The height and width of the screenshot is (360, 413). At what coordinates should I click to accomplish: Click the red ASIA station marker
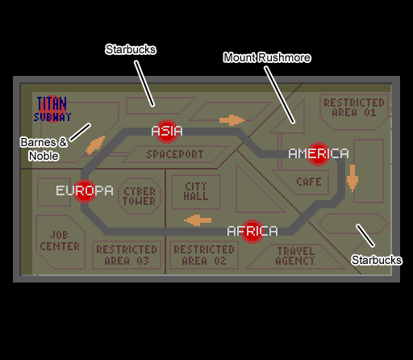click(167, 131)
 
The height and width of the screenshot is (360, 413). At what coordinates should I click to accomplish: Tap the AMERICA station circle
click(319, 154)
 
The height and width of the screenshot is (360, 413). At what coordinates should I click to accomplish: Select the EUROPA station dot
click(85, 190)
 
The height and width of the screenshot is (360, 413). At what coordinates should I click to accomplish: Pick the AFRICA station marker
click(252, 232)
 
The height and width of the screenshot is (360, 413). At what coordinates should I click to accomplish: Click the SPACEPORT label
click(175, 154)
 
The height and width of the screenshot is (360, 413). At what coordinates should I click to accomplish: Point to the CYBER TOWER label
click(140, 196)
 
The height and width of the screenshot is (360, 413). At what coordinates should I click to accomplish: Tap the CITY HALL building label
click(196, 191)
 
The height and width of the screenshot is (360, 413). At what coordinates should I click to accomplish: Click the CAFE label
click(309, 182)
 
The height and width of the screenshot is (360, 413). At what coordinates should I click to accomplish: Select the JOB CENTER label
click(60, 241)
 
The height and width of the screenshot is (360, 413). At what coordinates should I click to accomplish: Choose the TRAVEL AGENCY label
click(295, 256)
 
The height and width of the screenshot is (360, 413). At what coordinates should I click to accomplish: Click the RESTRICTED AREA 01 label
click(354, 107)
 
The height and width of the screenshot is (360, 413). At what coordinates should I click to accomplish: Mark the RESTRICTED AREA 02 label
click(204, 255)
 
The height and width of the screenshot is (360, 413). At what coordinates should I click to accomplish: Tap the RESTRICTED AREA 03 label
click(127, 255)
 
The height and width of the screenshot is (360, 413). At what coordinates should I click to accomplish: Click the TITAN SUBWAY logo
click(52, 109)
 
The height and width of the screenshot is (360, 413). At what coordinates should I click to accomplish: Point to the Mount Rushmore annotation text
click(267, 57)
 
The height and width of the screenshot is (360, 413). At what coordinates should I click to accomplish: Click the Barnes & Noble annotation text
click(44, 149)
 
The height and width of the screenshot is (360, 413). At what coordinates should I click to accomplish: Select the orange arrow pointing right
click(232, 120)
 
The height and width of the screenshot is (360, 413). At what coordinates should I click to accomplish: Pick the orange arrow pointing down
click(353, 178)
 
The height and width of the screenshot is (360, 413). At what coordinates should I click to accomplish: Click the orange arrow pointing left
click(198, 220)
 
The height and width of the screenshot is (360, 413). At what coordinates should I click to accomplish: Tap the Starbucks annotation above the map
click(131, 49)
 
